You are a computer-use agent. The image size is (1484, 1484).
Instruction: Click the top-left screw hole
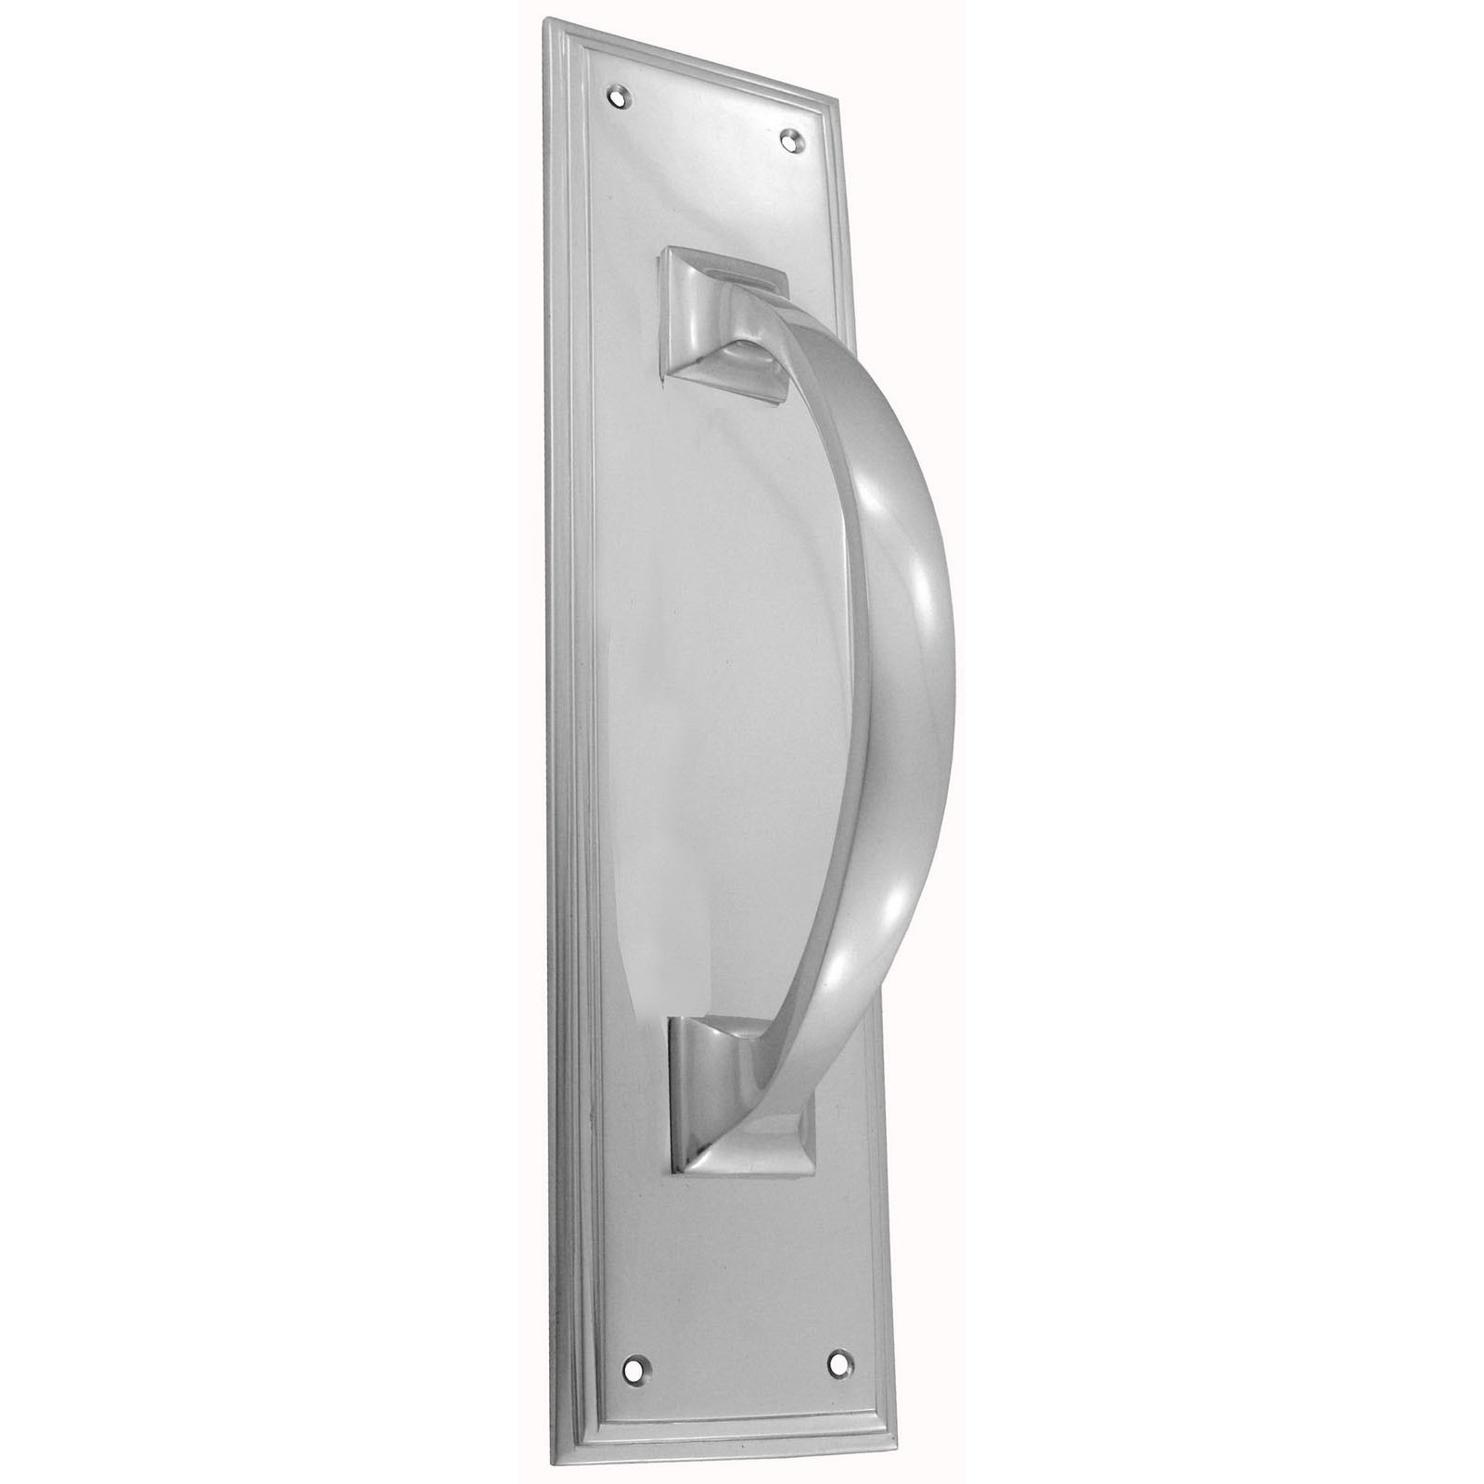point(620,93)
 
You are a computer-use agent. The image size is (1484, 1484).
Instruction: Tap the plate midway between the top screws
point(705,115)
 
